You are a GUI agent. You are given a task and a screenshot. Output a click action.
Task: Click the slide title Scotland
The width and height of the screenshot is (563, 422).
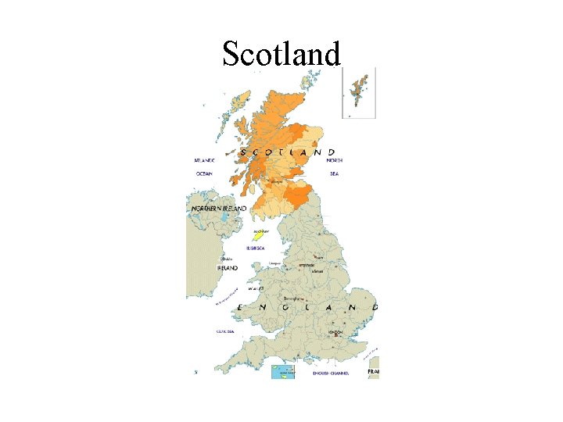(x=281, y=53)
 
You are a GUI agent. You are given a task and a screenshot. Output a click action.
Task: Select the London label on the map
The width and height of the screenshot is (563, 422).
(x=335, y=331)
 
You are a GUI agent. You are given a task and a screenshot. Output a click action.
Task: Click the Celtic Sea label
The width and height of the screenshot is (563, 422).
(x=226, y=331)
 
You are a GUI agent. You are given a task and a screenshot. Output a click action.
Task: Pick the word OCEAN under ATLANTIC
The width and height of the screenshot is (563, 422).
(x=204, y=173)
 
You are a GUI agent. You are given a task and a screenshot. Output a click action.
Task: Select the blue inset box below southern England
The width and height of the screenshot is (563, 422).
(x=282, y=371)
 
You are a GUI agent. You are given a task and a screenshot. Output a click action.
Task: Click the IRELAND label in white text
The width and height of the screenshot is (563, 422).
(x=227, y=267)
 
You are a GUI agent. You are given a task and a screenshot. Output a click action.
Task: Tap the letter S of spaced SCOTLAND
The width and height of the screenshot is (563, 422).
(x=243, y=152)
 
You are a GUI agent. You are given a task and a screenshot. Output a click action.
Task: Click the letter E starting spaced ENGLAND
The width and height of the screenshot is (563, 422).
(x=238, y=309)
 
